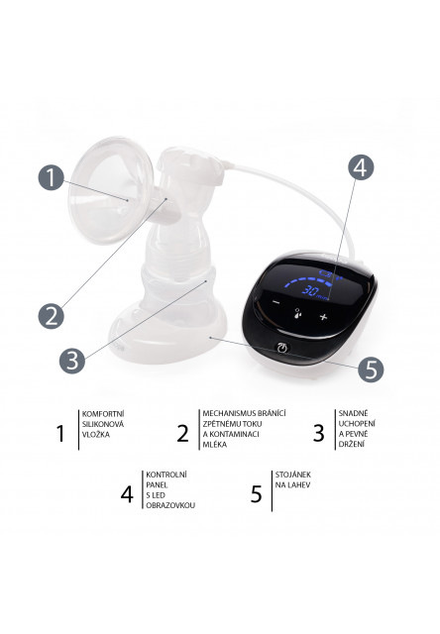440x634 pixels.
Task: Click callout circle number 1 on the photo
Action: pyautogui.click(x=54, y=178)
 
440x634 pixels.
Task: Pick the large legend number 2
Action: pyautogui.click(x=181, y=432)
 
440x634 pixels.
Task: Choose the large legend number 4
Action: pyautogui.click(x=127, y=492)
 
